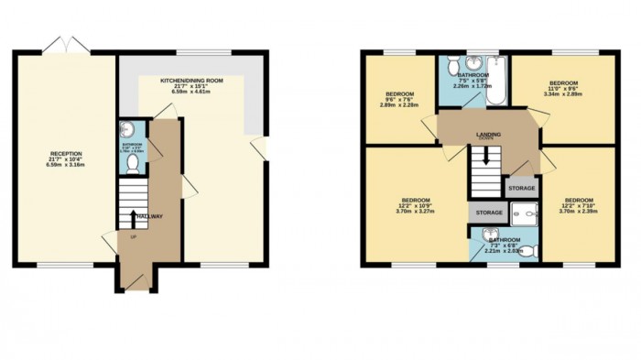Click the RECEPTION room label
[x=65, y=153]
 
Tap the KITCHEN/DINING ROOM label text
[x=192, y=82]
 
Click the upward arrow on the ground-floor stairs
[x=135, y=218]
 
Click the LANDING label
[x=487, y=134]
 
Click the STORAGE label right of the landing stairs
[x=521, y=188]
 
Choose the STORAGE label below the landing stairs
[x=489, y=213]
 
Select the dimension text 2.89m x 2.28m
[x=400, y=104]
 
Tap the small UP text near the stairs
[x=134, y=237]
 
